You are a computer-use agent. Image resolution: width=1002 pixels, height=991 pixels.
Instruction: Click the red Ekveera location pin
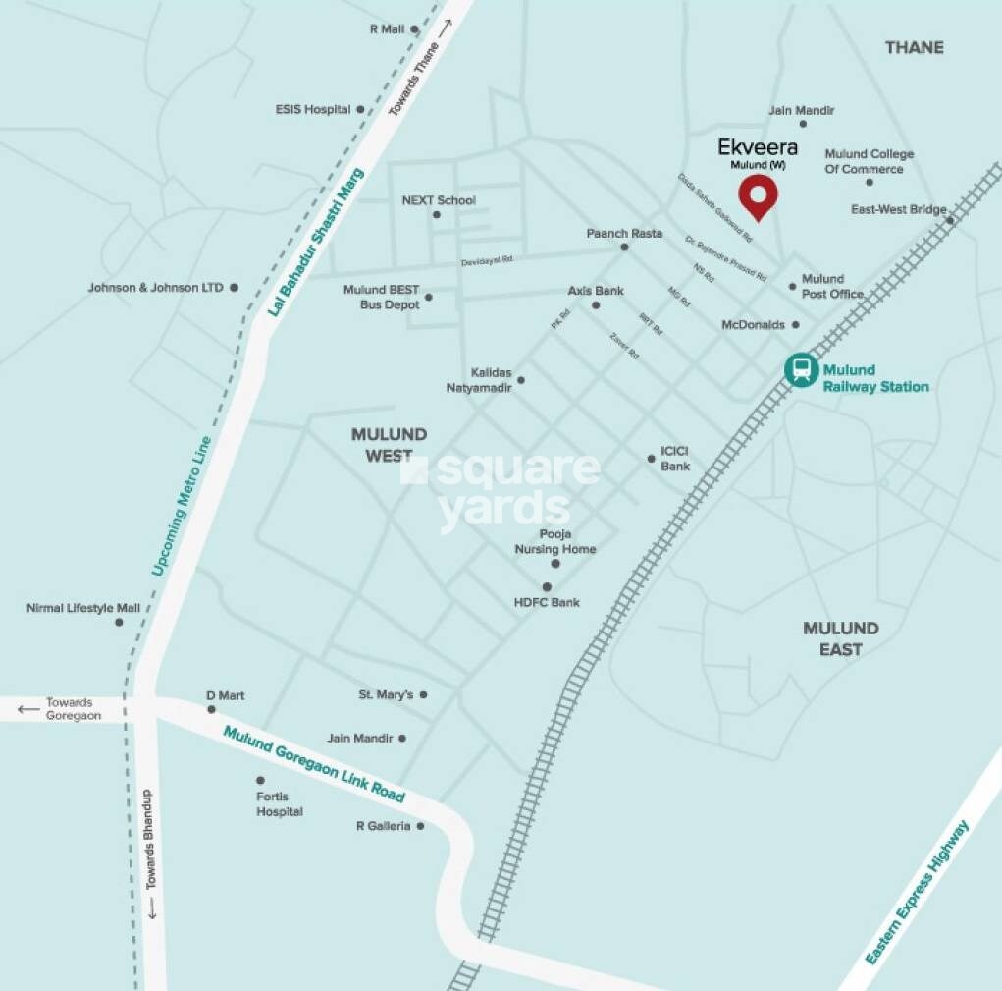pyautogui.click(x=758, y=196)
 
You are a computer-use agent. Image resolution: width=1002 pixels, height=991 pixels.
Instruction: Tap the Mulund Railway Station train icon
pyautogui.click(x=802, y=370)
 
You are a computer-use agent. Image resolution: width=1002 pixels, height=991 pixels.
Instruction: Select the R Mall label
pyautogui.click(x=387, y=29)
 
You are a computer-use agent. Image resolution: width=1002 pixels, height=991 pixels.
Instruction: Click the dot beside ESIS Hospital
pyautogui.click(x=360, y=110)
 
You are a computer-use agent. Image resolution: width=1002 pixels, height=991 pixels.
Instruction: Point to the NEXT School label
pyautogui.click(x=439, y=200)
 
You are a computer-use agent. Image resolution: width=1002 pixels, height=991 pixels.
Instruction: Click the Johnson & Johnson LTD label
pyautogui.click(x=156, y=288)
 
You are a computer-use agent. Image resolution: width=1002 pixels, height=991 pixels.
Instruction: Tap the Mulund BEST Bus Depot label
pyautogui.click(x=381, y=298)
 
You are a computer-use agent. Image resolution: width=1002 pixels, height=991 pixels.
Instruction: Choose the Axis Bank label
pyautogui.click(x=596, y=291)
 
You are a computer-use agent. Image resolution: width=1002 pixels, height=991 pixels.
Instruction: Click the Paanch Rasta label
pyautogui.click(x=624, y=234)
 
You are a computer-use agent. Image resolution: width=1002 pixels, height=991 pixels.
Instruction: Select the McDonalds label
pyautogui.click(x=753, y=325)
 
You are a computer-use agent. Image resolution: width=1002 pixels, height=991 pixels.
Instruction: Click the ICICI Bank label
pyautogui.click(x=675, y=459)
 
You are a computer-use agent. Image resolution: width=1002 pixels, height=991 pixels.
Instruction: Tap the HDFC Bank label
pyautogui.click(x=547, y=602)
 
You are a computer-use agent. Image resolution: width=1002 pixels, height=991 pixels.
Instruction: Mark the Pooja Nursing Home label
pyautogui.click(x=555, y=542)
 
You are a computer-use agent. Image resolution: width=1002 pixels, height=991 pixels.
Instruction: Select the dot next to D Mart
pyautogui.click(x=211, y=709)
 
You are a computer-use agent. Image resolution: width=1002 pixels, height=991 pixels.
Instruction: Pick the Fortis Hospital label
pyautogui.click(x=280, y=804)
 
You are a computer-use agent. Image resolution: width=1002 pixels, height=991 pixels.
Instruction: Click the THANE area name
pyautogui.click(x=914, y=47)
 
